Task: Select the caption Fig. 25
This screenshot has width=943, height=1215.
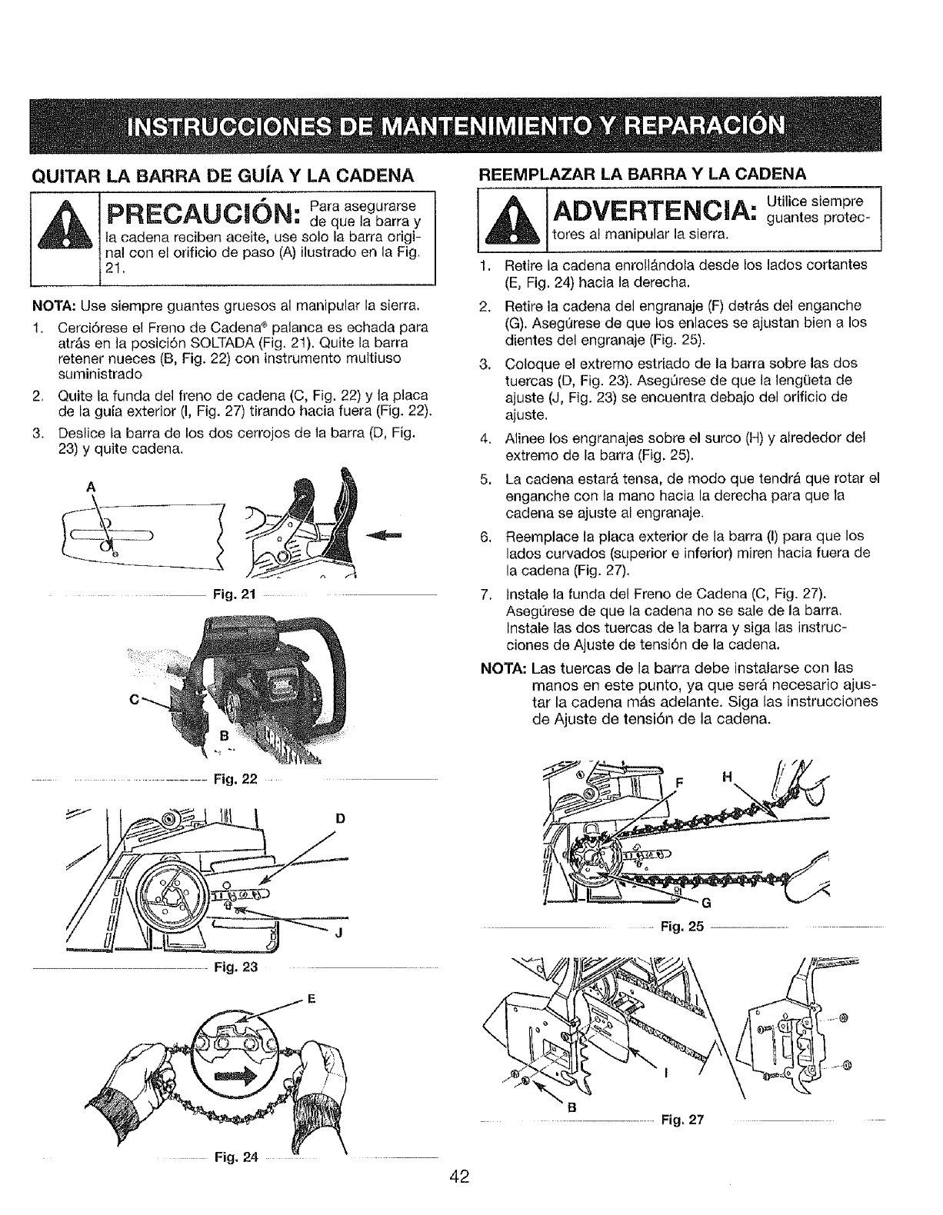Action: tap(682, 927)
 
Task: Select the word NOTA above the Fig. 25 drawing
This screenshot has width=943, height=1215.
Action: tap(501, 667)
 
